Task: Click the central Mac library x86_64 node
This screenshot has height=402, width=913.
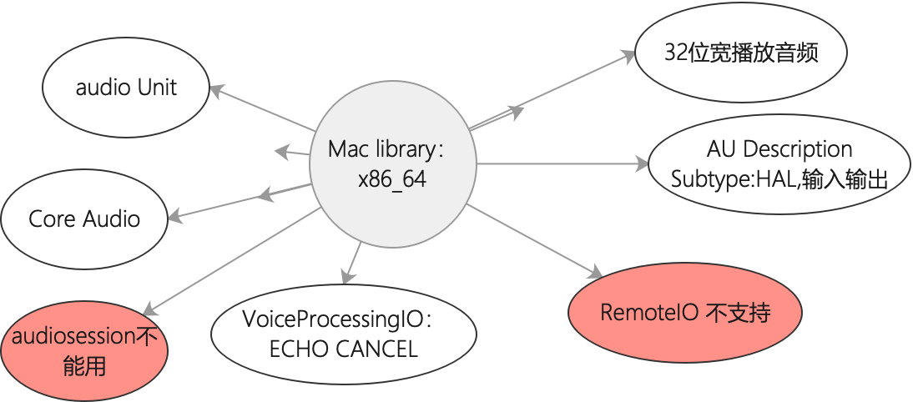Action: [x=392, y=164]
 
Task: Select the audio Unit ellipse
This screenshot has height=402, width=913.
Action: [x=126, y=88]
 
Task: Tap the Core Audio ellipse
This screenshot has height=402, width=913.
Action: [x=84, y=219]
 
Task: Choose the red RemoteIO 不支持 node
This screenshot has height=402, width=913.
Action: [x=684, y=313]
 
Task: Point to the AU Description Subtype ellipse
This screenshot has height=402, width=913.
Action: [x=779, y=163]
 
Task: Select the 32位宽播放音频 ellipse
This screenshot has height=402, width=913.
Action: [x=741, y=53]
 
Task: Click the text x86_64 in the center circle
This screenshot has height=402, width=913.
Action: [x=391, y=179]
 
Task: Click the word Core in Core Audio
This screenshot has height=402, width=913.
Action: [x=47, y=219]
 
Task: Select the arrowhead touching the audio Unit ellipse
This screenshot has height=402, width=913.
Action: [x=215, y=89]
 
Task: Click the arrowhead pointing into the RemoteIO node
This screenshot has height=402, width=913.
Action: [x=595, y=273]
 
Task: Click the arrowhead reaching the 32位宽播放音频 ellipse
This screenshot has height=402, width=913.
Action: [x=628, y=56]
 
